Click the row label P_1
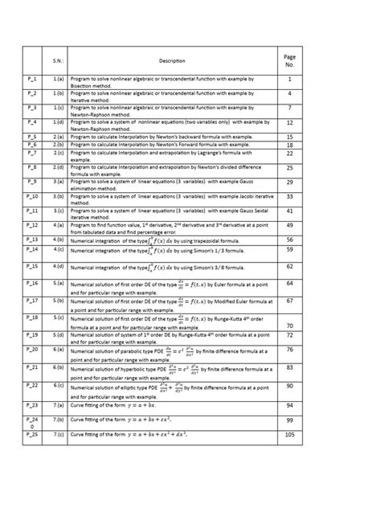[31, 80]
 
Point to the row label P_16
[31, 284]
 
